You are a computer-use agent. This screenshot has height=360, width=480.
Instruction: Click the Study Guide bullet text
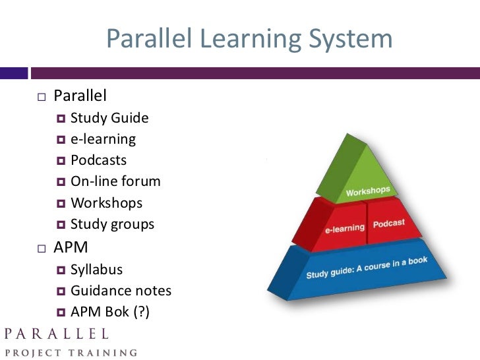109,118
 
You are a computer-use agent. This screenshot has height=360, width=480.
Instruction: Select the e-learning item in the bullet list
103,139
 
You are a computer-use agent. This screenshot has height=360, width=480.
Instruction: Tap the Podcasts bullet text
99,160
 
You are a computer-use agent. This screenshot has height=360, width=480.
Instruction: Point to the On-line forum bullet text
115,181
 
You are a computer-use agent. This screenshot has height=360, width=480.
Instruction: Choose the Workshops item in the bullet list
106,202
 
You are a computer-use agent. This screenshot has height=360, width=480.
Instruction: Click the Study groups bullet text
112,224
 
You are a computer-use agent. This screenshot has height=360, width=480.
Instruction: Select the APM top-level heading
71,248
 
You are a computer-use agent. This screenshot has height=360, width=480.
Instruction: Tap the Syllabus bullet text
96,270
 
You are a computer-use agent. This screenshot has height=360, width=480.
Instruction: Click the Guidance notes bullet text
121,291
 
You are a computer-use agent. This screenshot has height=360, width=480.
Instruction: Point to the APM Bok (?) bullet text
110,312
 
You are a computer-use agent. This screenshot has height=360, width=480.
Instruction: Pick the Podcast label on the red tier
389,224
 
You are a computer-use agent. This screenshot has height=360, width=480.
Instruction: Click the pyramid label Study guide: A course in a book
367,268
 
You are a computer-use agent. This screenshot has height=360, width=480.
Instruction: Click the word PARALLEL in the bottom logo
55,333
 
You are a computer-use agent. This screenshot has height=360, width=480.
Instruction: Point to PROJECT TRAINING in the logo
69,352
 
